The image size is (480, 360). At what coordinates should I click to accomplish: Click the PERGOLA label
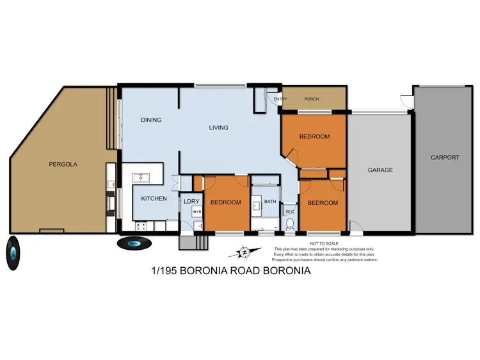pyautogui.click(x=63, y=164)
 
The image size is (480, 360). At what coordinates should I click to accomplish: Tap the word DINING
pyautogui.click(x=151, y=120)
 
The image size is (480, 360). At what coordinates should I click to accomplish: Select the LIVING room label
pyautogui.click(x=218, y=127)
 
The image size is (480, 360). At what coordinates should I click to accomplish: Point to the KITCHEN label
pyautogui.click(x=154, y=199)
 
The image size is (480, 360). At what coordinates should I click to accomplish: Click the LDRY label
pyautogui.click(x=191, y=202)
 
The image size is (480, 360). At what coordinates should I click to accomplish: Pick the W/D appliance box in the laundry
pyautogui.click(x=196, y=211)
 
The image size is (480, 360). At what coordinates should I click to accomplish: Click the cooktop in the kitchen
pyautogui.click(x=141, y=226)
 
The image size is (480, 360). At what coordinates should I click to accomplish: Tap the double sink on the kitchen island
pyautogui.click(x=141, y=177)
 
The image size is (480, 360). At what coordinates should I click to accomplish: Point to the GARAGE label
pyautogui.click(x=380, y=170)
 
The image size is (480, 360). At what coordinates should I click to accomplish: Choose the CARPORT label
pyautogui.click(x=444, y=158)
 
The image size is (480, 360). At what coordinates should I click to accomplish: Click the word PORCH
pyautogui.click(x=311, y=99)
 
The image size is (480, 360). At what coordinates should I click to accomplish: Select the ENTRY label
pyautogui.click(x=280, y=99)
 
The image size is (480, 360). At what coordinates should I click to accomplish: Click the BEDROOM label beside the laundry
pyautogui.click(x=226, y=202)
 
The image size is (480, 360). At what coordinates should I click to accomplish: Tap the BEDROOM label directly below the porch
pyautogui.click(x=314, y=136)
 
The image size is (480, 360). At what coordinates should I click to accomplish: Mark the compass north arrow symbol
pyautogui.click(x=244, y=252)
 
